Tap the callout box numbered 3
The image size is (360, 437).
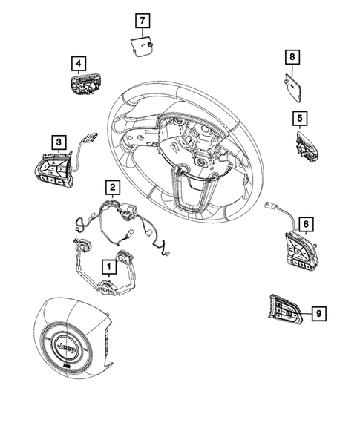56,140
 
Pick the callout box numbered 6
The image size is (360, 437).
304,222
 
